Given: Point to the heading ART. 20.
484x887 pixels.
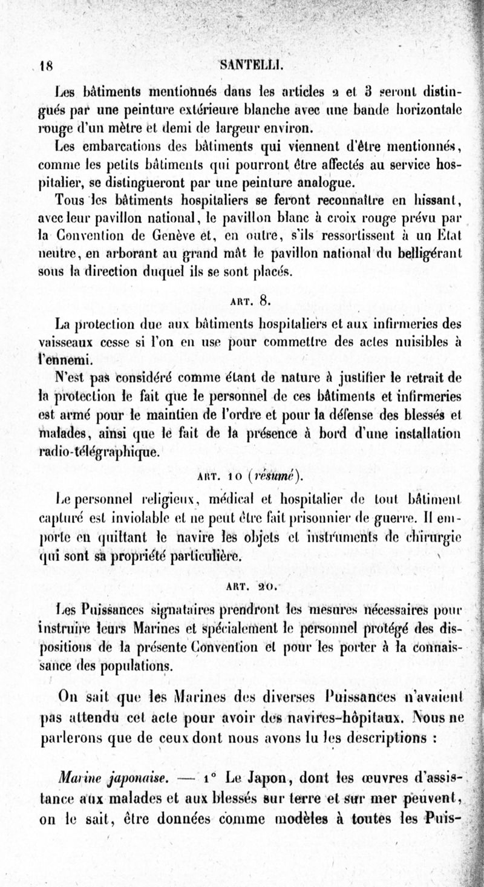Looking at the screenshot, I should pos(246,585).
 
